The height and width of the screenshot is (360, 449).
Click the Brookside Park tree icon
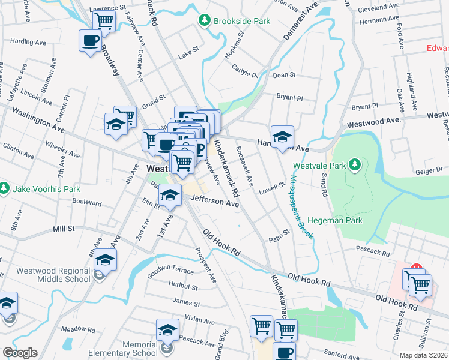pyautogui.click(x=205, y=21)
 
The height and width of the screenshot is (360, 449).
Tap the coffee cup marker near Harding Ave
pyautogui.click(x=90, y=41)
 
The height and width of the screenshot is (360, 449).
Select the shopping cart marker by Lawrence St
pyautogui.click(x=104, y=20)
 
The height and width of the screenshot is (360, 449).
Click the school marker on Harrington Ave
pyautogui.click(x=282, y=137)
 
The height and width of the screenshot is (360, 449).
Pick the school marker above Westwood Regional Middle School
pyautogui.click(x=105, y=260)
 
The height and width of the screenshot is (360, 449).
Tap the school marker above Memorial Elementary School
pyautogui.click(x=167, y=329)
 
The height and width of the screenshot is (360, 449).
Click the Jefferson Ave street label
pyautogui.click(x=214, y=203)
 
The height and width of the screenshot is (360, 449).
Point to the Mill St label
pyautogui.click(x=64, y=229)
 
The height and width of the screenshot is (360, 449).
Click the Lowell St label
pyautogui.click(x=271, y=191)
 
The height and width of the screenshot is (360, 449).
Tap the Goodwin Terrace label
pyautogui.click(x=170, y=271)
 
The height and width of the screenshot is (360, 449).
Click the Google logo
pyautogui.click(x=20, y=353)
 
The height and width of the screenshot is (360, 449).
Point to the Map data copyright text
pyautogui.click(x=424, y=355)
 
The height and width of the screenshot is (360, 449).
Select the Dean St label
pyautogui.click(x=285, y=75)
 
